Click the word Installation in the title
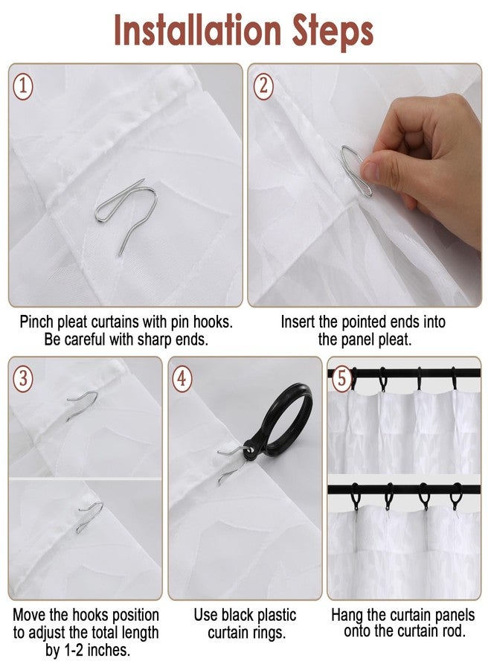(x=197, y=31)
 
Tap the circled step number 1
(x=24, y=86)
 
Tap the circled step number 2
(x=263, y=86)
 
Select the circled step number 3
(x=24, y=377)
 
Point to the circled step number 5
(x=341, y=377)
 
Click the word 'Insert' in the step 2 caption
(x=301, y=322)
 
